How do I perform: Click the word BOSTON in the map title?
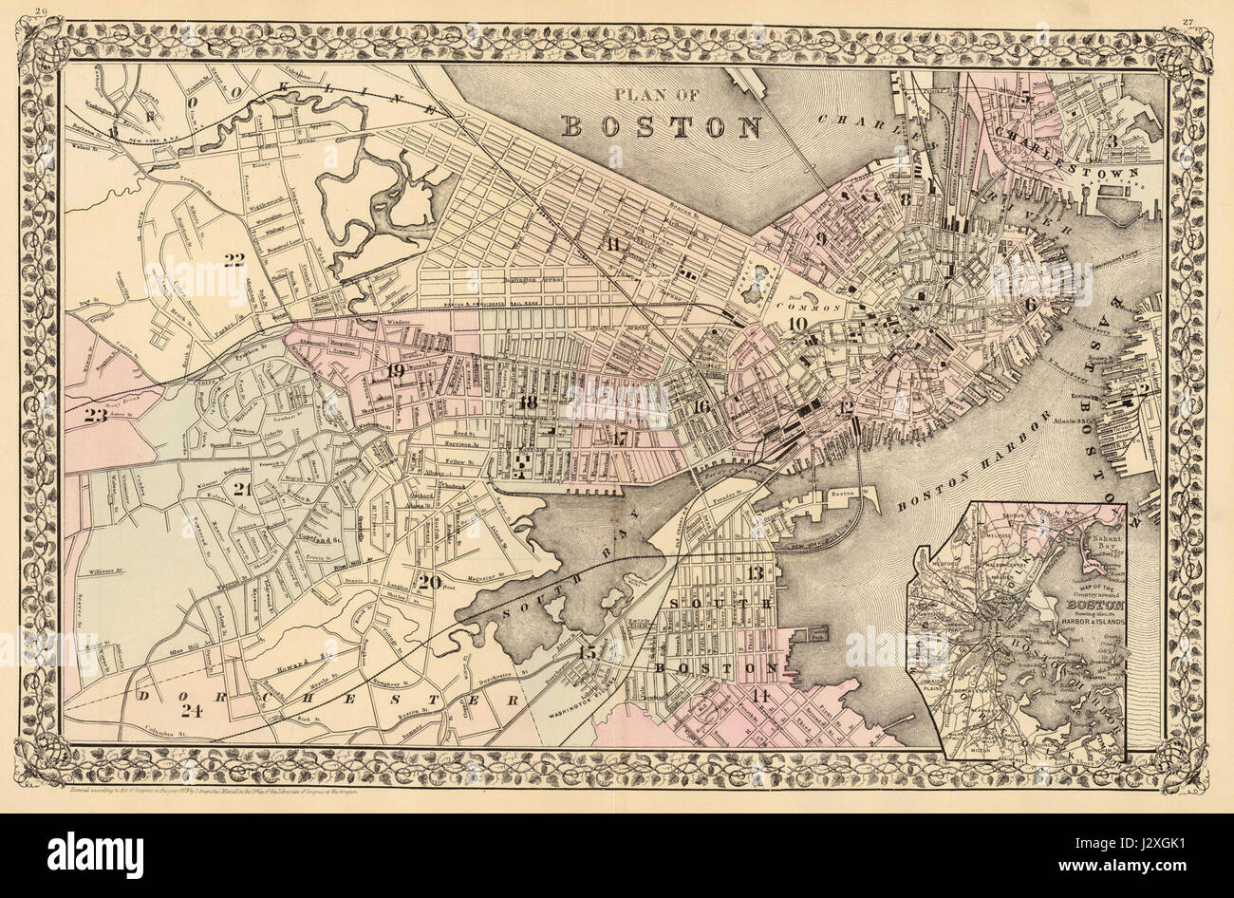(x=663, y=125)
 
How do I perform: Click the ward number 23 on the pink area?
(x=96, y=414)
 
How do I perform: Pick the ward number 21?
(x=243, y=490)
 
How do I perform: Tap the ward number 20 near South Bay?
(x=428, y=582)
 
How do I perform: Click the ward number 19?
(x=396, y=369)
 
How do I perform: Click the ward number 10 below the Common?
(x=796, y=325)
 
